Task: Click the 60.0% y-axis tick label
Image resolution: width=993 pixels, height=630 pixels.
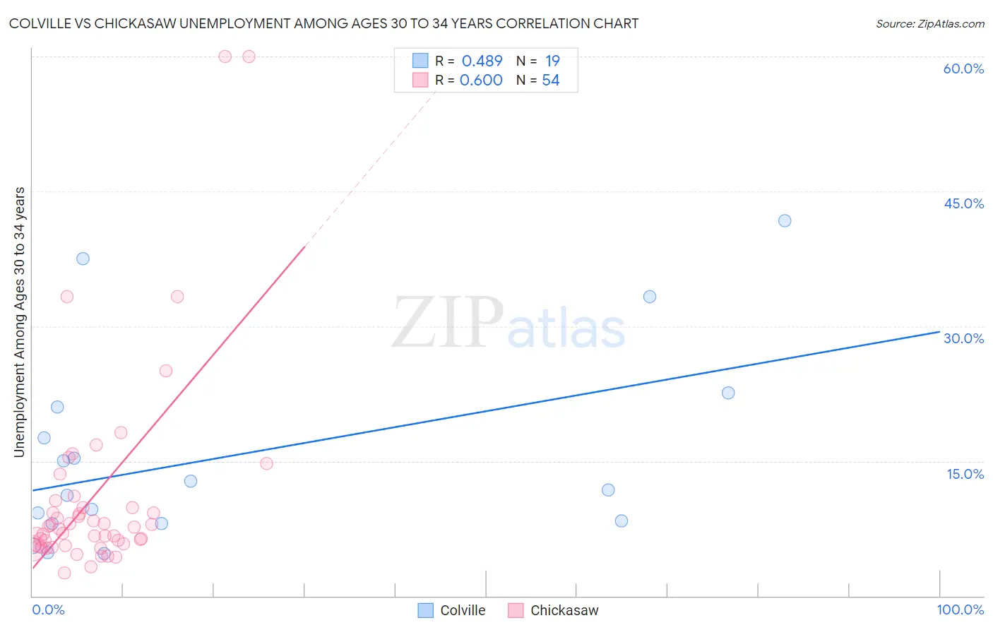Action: point(963,69)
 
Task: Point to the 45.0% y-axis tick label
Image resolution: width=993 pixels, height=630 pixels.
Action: point(963,203)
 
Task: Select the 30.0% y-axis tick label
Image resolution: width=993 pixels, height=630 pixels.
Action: point(963,338)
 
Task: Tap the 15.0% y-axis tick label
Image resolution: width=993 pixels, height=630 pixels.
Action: point(965,474)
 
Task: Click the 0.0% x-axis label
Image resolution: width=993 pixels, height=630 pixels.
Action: point(48,610)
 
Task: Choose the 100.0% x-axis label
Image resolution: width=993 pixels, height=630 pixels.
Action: point(960,610)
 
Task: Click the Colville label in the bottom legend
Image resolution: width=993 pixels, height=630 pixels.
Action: point(463,610)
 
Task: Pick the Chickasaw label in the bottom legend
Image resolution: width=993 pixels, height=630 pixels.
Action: point(564,610)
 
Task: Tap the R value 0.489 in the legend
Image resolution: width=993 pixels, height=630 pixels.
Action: point(482,61)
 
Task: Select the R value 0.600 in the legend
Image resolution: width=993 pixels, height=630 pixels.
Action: point(481,81)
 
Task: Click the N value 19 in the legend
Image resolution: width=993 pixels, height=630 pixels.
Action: point(552,61)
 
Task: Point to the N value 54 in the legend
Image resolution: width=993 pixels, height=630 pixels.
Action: point(551,81)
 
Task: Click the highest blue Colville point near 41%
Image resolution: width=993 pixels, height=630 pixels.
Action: point(785,220)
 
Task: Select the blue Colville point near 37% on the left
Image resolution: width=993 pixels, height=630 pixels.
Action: point(83,258)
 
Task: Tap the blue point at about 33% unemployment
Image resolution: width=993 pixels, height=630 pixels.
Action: point(650,297)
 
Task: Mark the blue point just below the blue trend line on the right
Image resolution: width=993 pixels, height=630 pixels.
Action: point(728,393)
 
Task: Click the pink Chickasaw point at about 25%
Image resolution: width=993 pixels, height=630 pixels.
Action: point(166,371)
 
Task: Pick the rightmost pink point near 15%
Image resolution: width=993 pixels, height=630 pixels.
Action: point(266,463)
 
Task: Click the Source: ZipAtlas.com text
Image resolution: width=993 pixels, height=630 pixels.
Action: point(929,24)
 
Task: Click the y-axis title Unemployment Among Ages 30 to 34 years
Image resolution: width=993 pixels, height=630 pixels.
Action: point(20,322)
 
